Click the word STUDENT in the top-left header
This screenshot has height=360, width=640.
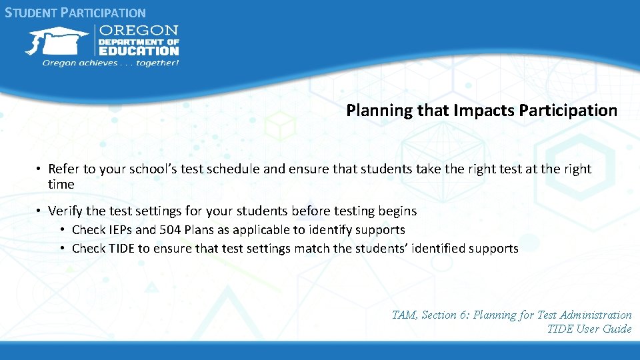pyautogui.click(x=32, y=13)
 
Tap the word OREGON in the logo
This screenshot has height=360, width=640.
pyautogui.click(x=139, y=30)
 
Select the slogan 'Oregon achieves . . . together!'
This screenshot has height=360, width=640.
pyautogui.click(x=111, y=63)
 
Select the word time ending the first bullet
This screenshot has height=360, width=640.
pyautogui.click(x=61, y=184)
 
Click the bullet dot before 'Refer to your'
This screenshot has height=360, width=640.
pyautogui.click(x=40, y=169)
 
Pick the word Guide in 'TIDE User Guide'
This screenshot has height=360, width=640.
pyautogui.click(x=617, y=329)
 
